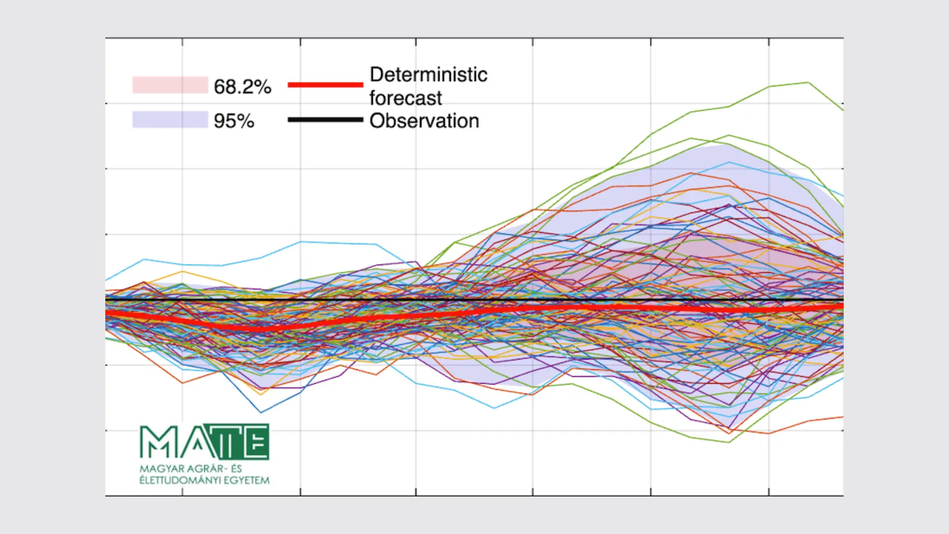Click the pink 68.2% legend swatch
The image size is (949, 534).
pyautogui.click(x=170, y=85)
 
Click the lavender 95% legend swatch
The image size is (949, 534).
pyautogui.click(x=170, y=120)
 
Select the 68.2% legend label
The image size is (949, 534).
pyautogui.click(x=242, y=87)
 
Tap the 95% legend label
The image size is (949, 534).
pyautogui.click(x=234, y=121)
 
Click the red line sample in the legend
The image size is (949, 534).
pyautogui.click(x=325, y=85)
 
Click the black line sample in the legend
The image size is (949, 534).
pyautogui.click(x=325, y=120)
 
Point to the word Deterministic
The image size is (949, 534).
pyautogui.click(x=429, y=75)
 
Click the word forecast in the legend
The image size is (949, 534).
pyautogui.click(x=405, y=98)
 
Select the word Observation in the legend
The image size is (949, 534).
pyautogui.click(x=424, y=121)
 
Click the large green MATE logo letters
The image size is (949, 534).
pyautogui.click(x=205, y=442)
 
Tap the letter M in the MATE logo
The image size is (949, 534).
pyautogui.click(x=158, y=442)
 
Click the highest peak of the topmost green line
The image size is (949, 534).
pyautogui.click(x=808, y=83)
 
